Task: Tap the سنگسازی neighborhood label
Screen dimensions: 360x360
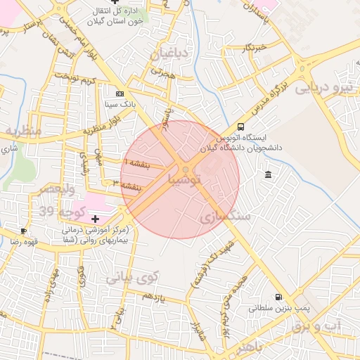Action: coord(225,217)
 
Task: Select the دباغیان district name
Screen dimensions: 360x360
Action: coord(169,53)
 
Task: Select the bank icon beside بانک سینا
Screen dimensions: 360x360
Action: coord(120,94)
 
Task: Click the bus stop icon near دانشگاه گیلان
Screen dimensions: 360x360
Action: coord(241,127)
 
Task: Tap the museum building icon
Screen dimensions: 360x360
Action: coord(268,174)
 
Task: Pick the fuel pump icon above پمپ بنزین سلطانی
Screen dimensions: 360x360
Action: coord(280,297)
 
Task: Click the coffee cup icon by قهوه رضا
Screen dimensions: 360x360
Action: coord(23,231)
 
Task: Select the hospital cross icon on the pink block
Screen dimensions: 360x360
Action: coord(96,219)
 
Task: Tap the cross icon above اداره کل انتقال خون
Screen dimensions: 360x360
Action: coord(115,3)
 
